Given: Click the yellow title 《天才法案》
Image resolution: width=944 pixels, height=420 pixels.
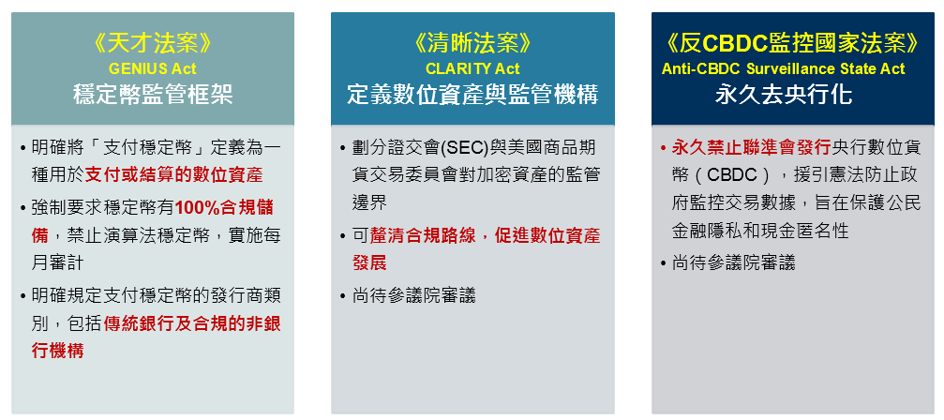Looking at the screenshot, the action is click(153, 43).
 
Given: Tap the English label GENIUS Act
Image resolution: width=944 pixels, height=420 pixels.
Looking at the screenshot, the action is click(153, 68).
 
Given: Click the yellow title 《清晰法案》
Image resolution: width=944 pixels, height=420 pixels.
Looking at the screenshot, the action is click(472, 43).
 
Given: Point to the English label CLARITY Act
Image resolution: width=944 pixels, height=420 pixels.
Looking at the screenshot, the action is click(472, 68).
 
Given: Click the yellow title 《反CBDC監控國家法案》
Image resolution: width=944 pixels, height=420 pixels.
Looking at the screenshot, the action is click(793, 43).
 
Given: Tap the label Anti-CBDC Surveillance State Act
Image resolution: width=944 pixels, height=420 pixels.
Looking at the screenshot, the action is click(784, 68).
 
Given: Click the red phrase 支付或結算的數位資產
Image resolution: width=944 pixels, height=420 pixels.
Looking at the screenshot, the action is click(174, 175).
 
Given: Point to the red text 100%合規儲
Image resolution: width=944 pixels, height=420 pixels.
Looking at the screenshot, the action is click(224, 207).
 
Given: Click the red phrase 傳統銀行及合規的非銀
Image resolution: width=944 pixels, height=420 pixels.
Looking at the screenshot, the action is click(192, 323).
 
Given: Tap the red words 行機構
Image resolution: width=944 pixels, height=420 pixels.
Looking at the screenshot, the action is click(57, 351).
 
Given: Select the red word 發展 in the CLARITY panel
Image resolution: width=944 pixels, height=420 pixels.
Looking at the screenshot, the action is click(369, 262).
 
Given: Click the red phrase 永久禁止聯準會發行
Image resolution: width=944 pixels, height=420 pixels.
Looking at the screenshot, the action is click(751, 148).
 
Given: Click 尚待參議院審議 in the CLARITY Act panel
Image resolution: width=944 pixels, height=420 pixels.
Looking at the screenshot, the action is click(413, 295).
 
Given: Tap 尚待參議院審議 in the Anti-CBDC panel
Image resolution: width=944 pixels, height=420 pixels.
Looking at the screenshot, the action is click(733, 262).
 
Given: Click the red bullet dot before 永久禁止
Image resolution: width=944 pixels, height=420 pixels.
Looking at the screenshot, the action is click(663, 148).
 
